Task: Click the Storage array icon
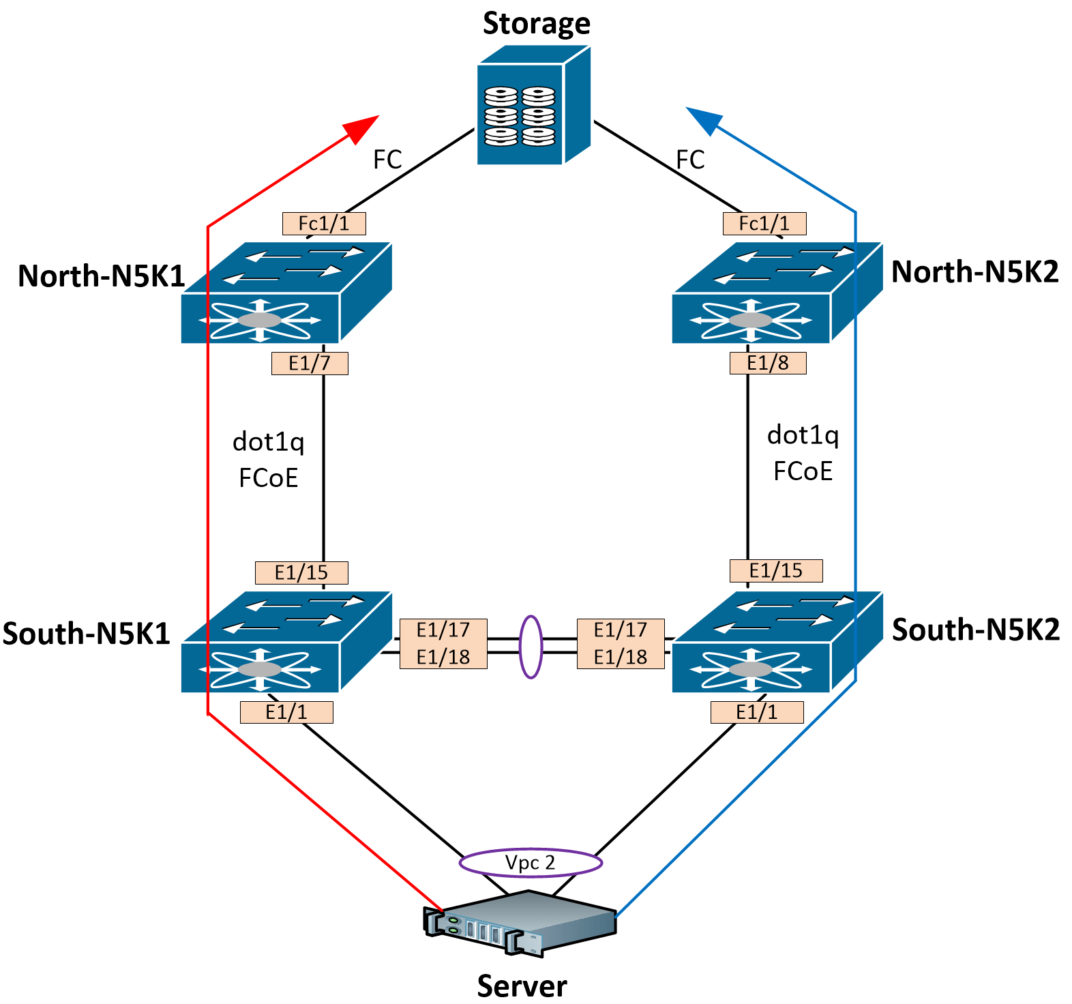(532, 106)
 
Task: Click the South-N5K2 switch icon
(776, 643)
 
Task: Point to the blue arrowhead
(703, 119)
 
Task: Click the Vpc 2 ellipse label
(531, 863)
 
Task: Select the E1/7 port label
(310, 364)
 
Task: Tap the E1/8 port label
(768, 363)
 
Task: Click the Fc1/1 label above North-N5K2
(764, 224)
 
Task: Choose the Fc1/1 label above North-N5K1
(324, 224)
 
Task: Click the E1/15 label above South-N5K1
(301, 573)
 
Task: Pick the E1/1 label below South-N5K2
(757, 713)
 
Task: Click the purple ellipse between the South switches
(531, 647)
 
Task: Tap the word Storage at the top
(536, 23)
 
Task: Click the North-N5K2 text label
(975, 271)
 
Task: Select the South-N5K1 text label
(86, 634)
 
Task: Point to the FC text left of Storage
(387, 160)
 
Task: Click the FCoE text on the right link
(803, 471)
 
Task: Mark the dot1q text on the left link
(268, 442)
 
